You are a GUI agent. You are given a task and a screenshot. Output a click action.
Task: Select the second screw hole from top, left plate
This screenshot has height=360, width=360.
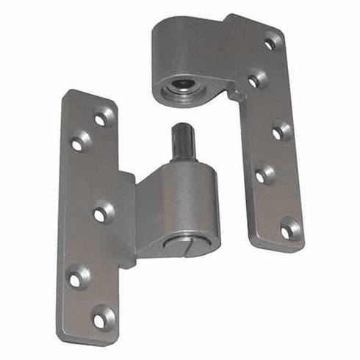78,142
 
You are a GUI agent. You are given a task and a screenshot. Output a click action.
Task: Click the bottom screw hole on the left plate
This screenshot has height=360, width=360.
101,318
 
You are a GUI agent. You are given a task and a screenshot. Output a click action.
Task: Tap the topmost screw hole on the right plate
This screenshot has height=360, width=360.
271,43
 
